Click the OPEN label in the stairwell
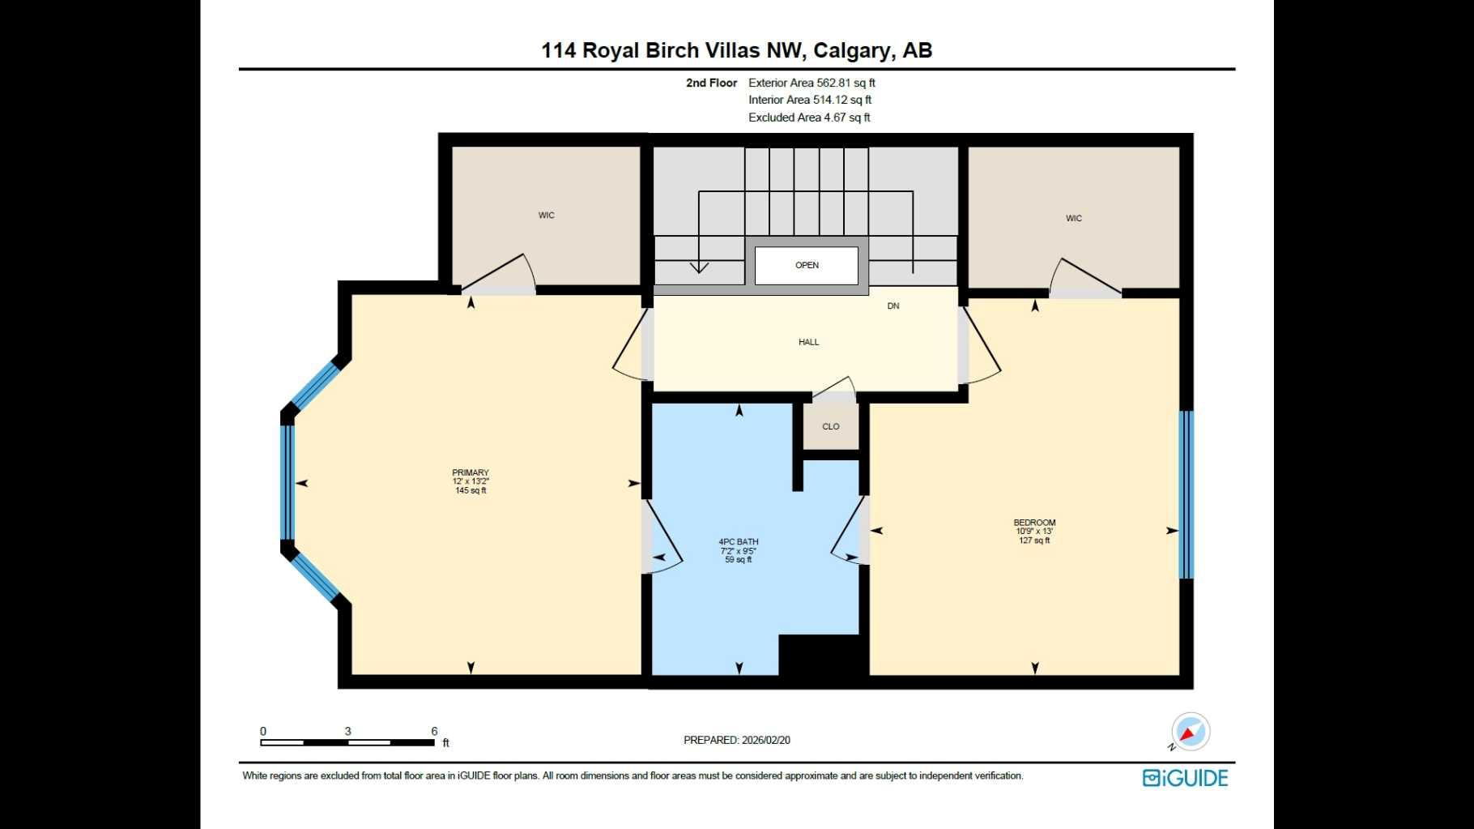(807, 265)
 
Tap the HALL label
(808, 342)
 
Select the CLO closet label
(831, 426)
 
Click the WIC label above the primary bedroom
(547, 216)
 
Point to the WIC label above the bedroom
(1074, 218)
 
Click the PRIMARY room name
(471, 472)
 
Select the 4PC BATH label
(739, 541)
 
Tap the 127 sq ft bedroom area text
(1034, 541)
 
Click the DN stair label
(893, 306)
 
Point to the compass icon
(1190, 732)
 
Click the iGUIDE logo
(1186, 778)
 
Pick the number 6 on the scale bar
(435, 731)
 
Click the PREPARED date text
(737, 740)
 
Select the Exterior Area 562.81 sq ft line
(812, 83)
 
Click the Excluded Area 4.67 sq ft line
(809, 118)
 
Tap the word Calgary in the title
(850, 50)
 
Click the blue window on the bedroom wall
(1186, 494)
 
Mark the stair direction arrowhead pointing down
(699, 267)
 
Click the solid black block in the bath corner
(818, 655)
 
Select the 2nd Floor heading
(711, 83)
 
